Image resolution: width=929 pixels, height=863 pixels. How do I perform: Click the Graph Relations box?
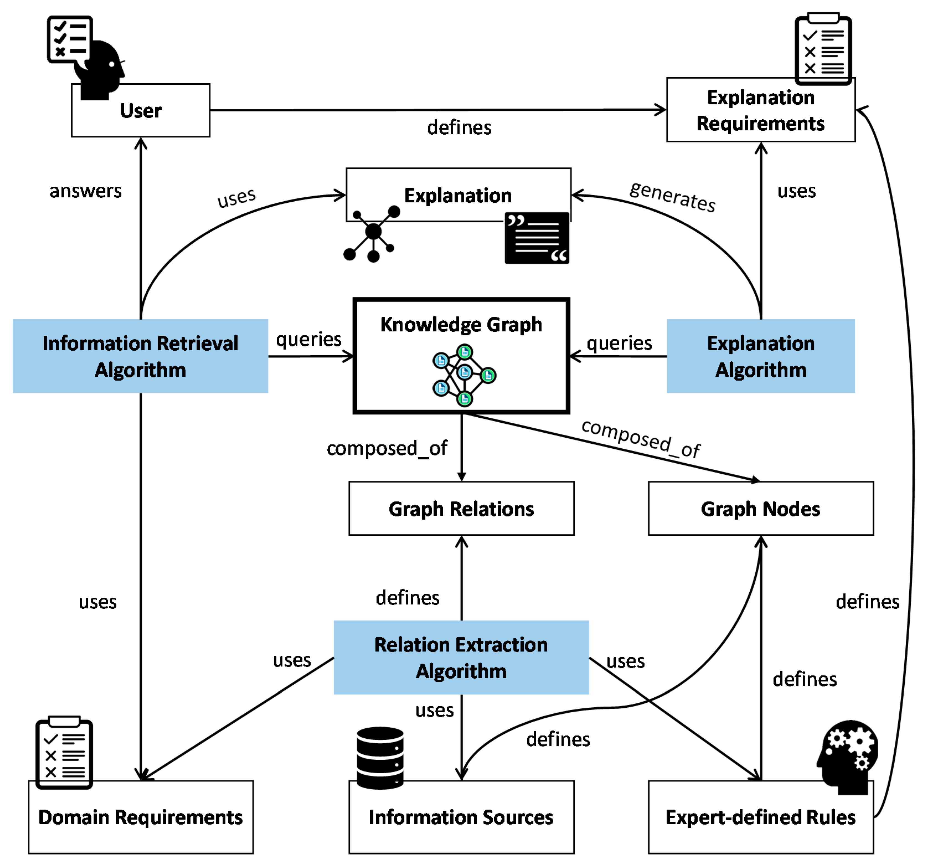461,508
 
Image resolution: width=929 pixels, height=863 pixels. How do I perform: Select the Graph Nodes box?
760,508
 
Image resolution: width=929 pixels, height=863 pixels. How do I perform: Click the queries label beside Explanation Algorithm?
619,343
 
